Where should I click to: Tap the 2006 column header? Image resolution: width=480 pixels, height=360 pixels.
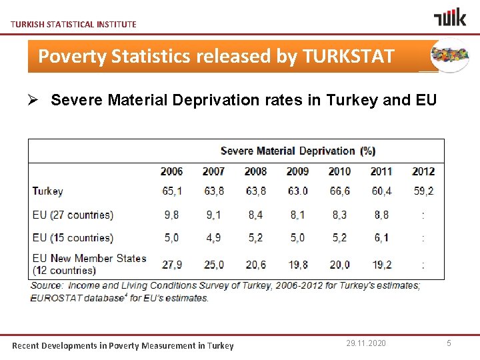(x=171, y=171)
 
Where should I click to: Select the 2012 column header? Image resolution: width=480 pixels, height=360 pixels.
(x=423, y=171)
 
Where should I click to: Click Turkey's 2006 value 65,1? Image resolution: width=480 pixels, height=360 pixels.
(x=171, y=191)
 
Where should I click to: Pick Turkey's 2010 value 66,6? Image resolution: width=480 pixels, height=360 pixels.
(x=339, y=191)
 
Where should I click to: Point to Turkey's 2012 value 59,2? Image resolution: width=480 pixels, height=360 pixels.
(x=423, y=191)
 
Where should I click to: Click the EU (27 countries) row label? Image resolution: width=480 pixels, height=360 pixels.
(x=73, y=215)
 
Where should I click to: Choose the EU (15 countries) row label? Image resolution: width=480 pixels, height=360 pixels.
(x=73, y=237)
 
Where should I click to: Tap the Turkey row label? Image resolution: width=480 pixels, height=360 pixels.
(x=48, y=191)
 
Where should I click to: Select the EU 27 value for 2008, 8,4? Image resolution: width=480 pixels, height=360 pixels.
(x=255, y=215)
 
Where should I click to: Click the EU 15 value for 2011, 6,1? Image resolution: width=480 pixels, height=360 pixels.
(x=381, y=237)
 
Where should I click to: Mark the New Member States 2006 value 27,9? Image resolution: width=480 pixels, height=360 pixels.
(x=171, y=265)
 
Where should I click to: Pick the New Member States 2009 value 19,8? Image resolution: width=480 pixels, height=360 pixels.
(x=297, y=265)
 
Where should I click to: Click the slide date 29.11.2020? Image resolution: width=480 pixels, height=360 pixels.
(x=366, y=343)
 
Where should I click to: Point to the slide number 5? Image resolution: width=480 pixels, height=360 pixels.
(x=449, y=343)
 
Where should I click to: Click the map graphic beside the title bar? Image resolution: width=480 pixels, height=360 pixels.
(x=450, y=55)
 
